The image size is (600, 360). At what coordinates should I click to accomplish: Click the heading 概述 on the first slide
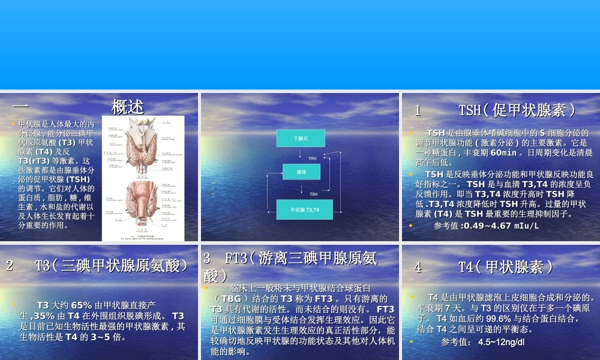click(x=128, y=107)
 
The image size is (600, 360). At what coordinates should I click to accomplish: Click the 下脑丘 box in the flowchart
click(x=300, y=138)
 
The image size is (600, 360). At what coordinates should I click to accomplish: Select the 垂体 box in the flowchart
click(x=301, y=172)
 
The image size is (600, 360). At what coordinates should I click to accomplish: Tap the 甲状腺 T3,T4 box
click(x=304, y=209)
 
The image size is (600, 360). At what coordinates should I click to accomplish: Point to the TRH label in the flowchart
click(x=312, y=158)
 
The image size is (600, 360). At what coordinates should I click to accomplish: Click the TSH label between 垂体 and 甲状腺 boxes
click(x=313, y=194)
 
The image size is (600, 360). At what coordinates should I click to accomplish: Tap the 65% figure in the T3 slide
click(x=81, y=305)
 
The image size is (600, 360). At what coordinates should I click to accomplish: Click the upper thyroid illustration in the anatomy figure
click(x=142, y=144)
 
